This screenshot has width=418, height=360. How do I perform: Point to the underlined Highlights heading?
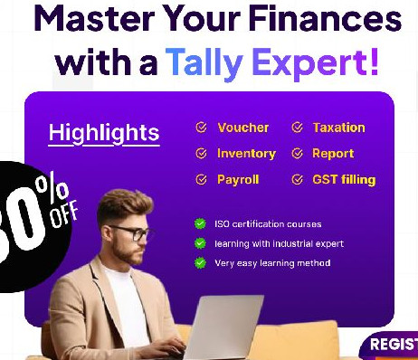pos(103,133)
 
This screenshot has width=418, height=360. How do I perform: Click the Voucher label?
pos(242,128)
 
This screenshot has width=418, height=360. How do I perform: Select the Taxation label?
pos(338,128)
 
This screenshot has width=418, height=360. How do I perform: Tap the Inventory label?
pos(246,154)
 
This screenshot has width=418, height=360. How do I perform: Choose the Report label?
pos(333,154)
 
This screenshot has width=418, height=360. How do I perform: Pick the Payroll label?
pos(239,180)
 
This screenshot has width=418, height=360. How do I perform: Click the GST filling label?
pos(344,180)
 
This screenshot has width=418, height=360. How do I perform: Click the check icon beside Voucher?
pos(201,128)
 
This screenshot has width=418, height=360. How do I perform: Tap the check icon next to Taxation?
pos(297,128)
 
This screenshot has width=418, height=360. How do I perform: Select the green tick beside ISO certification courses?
pos(199,224)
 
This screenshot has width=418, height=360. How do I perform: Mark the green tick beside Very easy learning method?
pos(199,263)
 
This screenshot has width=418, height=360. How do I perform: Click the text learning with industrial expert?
pos(279,243)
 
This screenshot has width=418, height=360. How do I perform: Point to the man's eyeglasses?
pos(133,232)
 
